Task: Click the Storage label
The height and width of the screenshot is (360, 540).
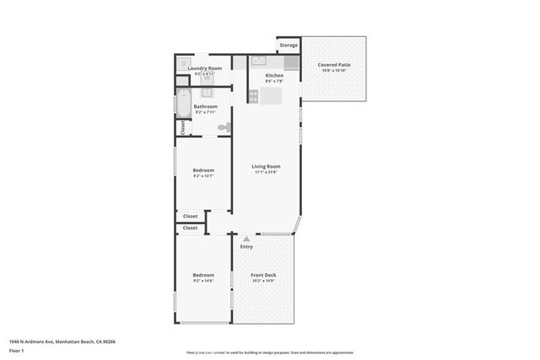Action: tap(289, 45)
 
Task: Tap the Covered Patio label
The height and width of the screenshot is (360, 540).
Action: tap(333, 65)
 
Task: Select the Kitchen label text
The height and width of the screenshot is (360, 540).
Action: tap(274, 76)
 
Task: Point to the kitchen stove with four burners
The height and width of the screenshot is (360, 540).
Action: tap(291, 62)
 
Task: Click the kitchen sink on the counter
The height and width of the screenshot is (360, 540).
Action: tap(259, 62)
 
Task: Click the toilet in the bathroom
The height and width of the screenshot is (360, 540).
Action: tap(224, 127)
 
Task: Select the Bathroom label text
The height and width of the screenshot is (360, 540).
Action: tap(205, 106)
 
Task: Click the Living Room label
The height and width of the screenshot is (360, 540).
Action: tap(266, 166)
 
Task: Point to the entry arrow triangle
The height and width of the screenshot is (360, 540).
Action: tap(246, 239)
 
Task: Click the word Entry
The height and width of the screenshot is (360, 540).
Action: tap(246, 247)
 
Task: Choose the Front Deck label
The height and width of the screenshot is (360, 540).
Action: tap(263, 275)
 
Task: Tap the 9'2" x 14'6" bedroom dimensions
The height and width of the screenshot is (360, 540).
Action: tap(202, 281)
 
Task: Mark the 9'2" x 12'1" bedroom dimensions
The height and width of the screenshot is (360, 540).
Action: tap(203, 176)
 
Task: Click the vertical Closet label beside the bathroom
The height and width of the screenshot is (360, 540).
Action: tap(182, 127)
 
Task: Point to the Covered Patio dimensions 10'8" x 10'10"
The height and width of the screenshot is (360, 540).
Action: tap(333, 71)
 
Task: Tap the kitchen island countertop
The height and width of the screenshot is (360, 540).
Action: tap(270, 97)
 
